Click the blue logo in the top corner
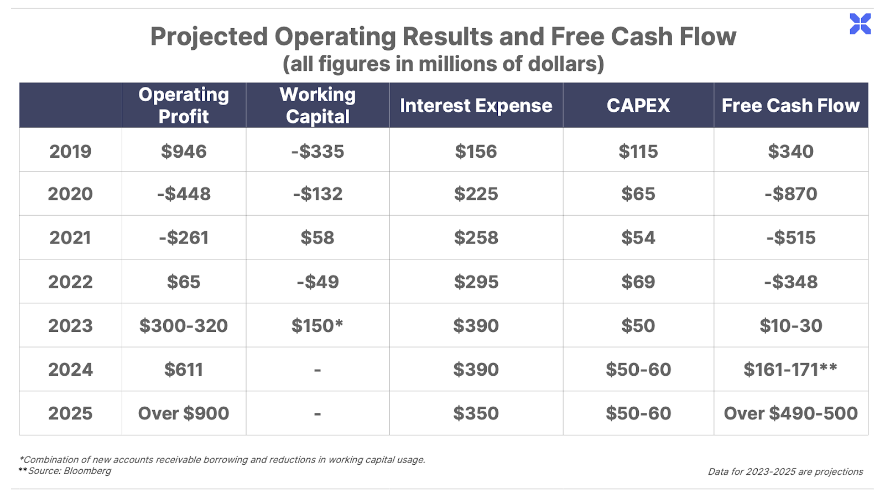point(860,24)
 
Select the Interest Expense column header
point(476,106)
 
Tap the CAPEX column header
point(638,106)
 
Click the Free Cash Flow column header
point(790,106)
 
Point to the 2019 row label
point(70,152)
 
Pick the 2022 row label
point(70,282)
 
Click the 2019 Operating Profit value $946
point(184,152)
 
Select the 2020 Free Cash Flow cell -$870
point(790,194)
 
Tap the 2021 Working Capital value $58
point(317,237)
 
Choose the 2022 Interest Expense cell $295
point(476,282)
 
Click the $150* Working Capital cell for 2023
point(317,326)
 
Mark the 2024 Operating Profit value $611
point(184,370)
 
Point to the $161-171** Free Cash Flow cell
point(790,370)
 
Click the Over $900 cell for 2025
point(184,413)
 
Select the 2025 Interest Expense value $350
point(476,413)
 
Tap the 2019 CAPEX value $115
point(638,152)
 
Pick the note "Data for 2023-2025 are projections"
point(785,471)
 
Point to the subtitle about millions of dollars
point(443,64)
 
